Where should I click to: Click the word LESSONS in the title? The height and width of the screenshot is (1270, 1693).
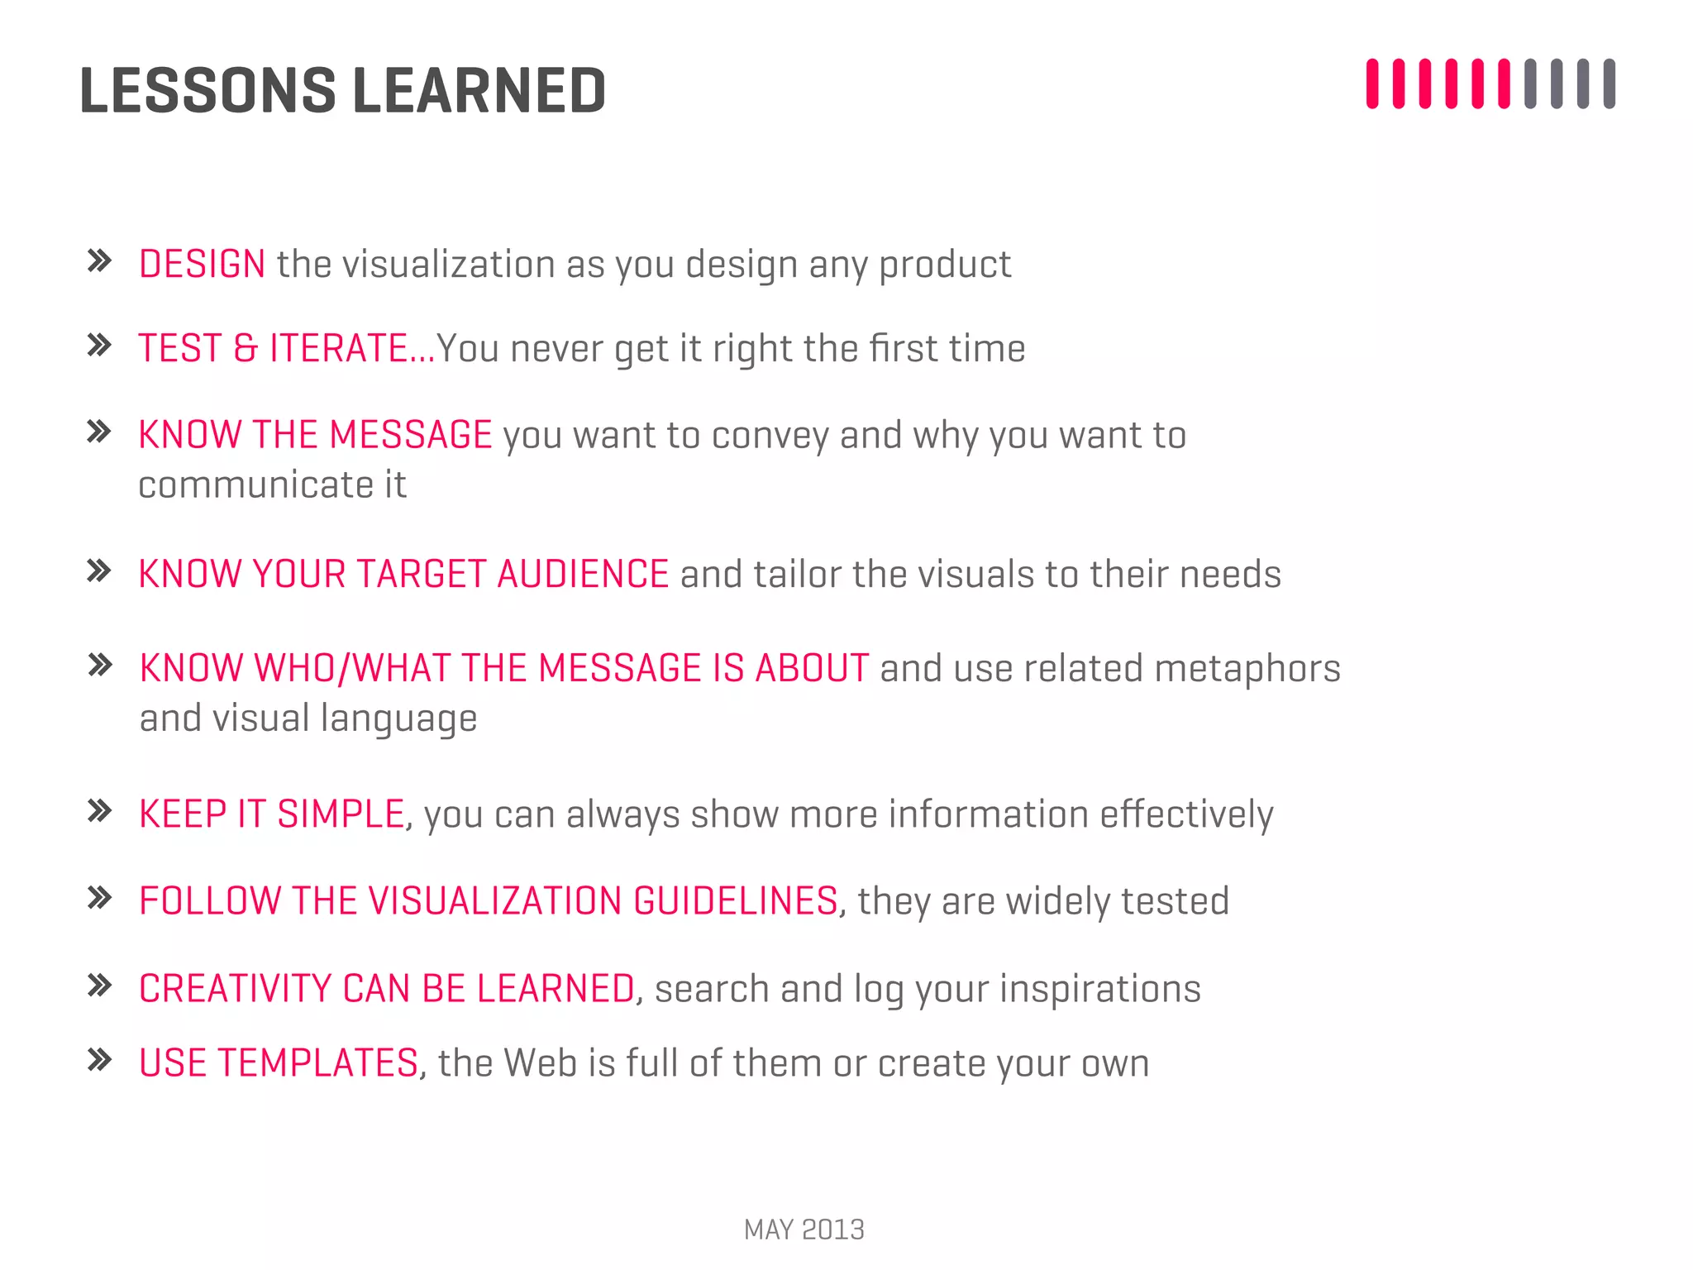click(x=207, y=90)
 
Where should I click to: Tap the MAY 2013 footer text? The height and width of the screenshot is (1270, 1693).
click(x=804, y=1229)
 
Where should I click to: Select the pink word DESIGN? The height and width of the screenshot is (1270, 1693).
click(x=202, y=265)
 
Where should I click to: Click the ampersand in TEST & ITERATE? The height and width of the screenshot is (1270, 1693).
click(x=246, y=348)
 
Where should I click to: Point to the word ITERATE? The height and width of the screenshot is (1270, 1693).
click(x=339, y=348)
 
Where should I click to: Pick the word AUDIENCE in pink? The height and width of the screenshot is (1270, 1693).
click(x=583, y=574)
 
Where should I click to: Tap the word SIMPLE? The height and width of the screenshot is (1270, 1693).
click(x=340, y=814)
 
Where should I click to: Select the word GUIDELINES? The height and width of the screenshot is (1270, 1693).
click(x=736, y=901)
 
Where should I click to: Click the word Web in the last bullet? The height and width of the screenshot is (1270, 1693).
click(x=541, y=1063)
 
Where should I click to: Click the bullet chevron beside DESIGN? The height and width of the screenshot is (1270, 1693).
click(x=99, y=261)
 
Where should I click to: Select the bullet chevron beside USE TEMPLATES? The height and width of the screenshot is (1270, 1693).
click(x=99, y=1060)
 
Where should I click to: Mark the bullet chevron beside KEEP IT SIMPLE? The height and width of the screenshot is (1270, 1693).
click(x=99, y=811)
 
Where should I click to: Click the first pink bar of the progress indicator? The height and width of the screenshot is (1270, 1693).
click(x=1372, y=84)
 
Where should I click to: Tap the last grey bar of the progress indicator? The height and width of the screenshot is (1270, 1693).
click(x=1609, y=84)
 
